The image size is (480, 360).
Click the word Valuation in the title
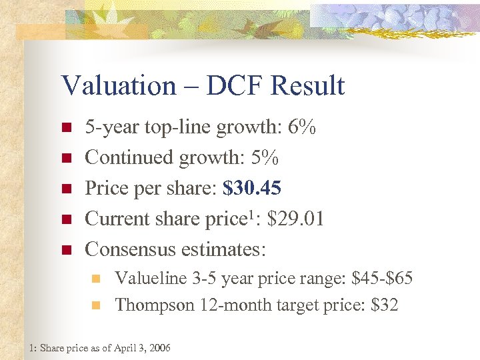tap(117, 86)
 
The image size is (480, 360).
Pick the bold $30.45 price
tap(253, 189)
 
